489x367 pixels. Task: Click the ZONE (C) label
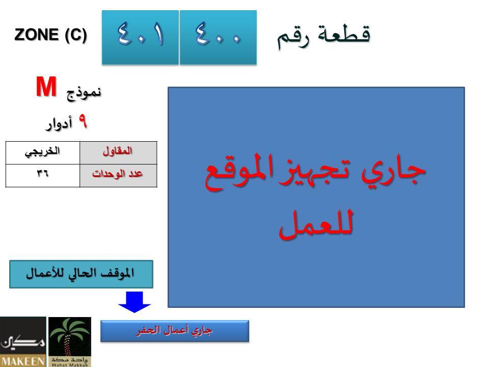(x=50, y=35)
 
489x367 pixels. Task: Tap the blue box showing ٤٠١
(x=141, y=37)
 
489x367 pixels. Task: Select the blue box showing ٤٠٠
(x=219, y=37)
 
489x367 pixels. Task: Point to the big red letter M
(x=46, y=87)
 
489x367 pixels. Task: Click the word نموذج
(x=84, y=93)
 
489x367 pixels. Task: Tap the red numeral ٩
(x=83, y=121)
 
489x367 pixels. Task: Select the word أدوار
(x=59, y=124)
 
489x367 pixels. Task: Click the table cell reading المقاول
(x=118, y=153)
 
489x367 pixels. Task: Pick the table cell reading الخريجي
(x=43, y=153)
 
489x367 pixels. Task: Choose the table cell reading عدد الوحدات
(x=118, y=176)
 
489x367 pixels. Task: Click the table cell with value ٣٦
(x=43, y=176)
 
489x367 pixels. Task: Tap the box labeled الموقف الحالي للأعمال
(x=81, y=274)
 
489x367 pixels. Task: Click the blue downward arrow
(x=134, y=302)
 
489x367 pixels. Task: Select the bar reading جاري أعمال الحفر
(x=175, y=331)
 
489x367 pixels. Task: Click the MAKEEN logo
(x=23, y=342)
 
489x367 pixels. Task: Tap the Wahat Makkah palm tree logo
(x=70, y=342)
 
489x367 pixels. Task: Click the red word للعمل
(x=316, y=224)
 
